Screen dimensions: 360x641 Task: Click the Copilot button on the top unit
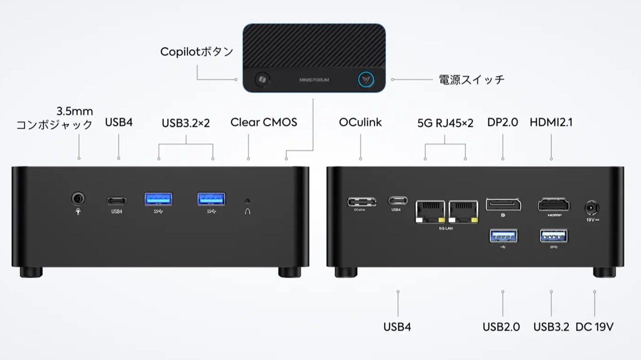point(261,80)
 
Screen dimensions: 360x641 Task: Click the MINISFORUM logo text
point(314,80)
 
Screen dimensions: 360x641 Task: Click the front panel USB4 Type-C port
point(116,201)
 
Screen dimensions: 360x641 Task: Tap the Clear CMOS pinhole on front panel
point(247,201)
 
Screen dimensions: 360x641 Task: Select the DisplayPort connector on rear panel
point(503,205)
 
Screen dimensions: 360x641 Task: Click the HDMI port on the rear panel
point(553,205)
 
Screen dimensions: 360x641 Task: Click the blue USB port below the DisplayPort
point(503,235)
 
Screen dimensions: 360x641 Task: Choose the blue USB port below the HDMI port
point(553,235)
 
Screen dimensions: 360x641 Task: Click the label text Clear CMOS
point(263,122)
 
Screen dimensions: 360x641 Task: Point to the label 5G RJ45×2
point(445,123)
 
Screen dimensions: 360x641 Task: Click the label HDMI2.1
point(551,122)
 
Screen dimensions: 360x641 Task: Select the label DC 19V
point(594,327)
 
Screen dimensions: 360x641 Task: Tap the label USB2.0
point(501,327)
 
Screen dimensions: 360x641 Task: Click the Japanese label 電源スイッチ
point(471,80)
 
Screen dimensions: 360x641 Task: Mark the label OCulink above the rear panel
point(360,122)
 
